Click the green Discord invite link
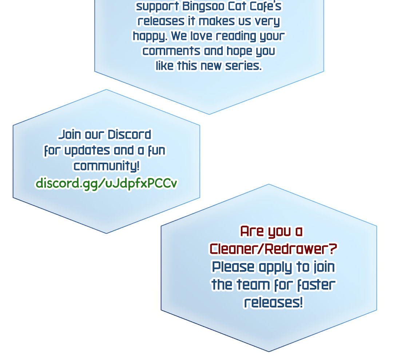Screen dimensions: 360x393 [106, 183]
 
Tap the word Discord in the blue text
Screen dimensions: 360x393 [129, 135]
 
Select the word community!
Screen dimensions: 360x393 [106, 166]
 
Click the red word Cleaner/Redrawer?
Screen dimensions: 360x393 [273, 249]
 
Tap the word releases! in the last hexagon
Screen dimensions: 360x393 [273, 302]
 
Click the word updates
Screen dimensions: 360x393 [87, 150]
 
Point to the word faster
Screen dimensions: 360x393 [315, 285]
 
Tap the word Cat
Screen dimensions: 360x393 [232, 7]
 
